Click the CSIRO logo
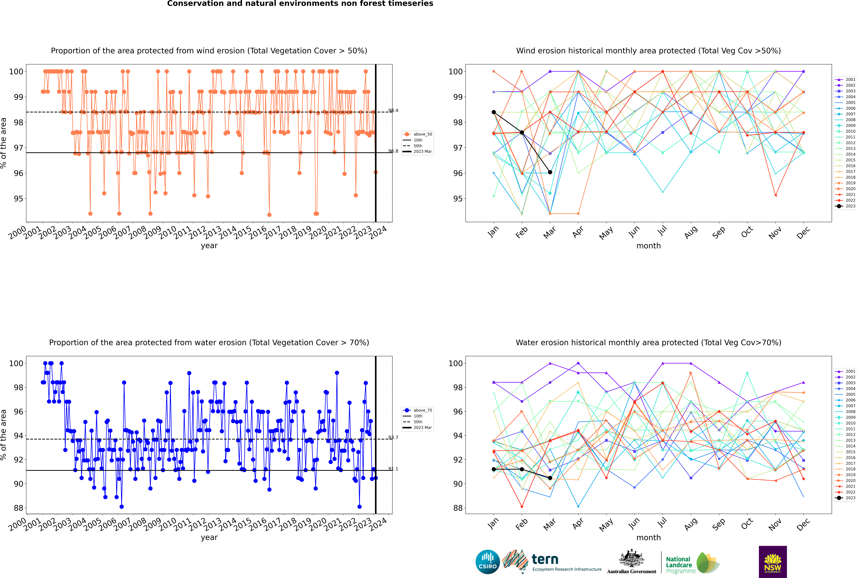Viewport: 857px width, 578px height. pyautogui.click(x=487, y=562)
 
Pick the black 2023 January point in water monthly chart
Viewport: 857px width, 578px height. pyautogui.click(x=494, y=469)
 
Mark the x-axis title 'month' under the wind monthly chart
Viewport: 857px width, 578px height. pyautogui.click(x=648, y=246)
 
